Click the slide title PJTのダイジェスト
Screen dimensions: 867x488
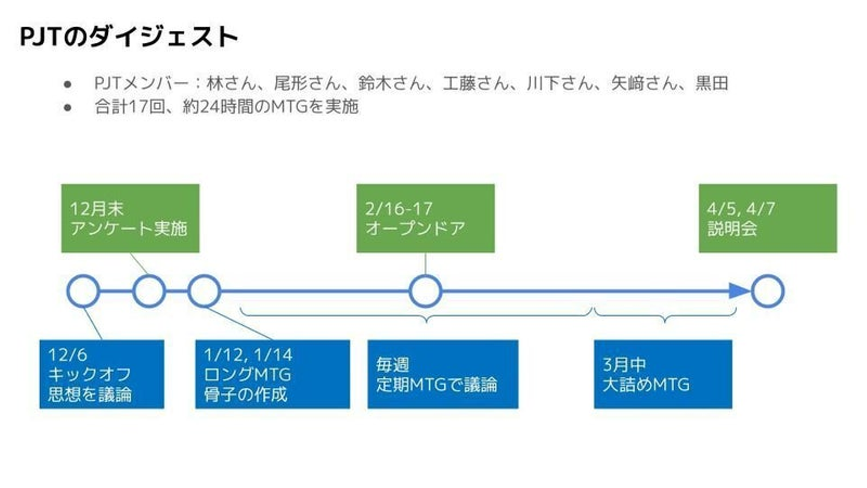pos(129,37)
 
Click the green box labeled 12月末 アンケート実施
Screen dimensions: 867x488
pos(131,219)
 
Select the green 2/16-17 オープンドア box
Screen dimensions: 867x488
pos(425,219)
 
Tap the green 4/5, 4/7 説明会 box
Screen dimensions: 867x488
pos(768,219)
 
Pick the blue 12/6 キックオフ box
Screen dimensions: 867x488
pos(102,374)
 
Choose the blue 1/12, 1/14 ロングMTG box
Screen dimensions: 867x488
pos(273,374)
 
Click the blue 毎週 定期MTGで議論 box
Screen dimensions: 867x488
pos(443,374)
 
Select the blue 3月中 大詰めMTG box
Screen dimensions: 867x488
pos(663,374)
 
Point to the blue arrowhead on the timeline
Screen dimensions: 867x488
pos(739,291)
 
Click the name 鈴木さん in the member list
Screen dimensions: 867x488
pos(391,83)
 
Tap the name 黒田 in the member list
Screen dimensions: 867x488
pos(712,83)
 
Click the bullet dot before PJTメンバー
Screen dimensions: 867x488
pos(67,84)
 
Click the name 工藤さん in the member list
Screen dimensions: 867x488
pos(476,83)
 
